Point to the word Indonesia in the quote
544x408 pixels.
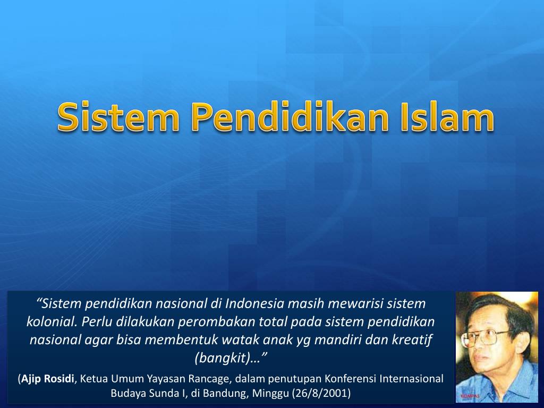(254, 304)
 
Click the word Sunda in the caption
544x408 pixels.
(159, 394)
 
